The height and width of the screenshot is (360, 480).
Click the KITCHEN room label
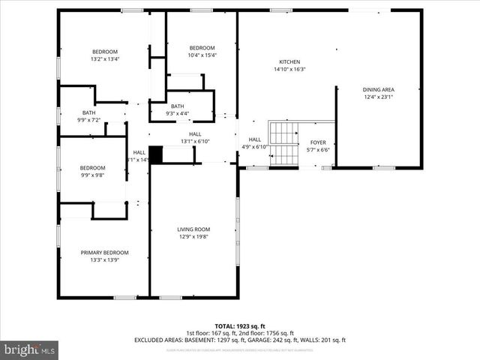[289, 62]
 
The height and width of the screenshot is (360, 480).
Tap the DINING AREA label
[379, 89]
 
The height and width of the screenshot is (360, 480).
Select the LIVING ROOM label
[193, 229]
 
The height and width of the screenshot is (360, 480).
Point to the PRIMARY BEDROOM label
[105, 253]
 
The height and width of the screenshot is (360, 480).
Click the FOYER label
[319, 142]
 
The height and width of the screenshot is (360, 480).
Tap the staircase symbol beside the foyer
[284, 144]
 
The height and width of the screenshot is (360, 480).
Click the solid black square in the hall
[156, 154]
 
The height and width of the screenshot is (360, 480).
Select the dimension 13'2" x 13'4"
[105, 58]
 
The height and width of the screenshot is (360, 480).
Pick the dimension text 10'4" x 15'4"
[202, 55]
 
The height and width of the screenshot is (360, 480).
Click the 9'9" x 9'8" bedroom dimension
[93, 175]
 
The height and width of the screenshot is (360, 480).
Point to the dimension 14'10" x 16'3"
[289, 70]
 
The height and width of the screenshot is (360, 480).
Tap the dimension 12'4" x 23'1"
[379, 97]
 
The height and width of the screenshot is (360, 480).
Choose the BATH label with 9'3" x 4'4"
[177, 106]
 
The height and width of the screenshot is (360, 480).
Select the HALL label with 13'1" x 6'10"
[195, 134]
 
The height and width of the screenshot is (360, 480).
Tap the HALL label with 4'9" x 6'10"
[255, 139]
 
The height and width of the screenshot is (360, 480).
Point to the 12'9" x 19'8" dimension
[193, 237]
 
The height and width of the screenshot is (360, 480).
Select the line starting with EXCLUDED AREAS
[240, 340]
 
